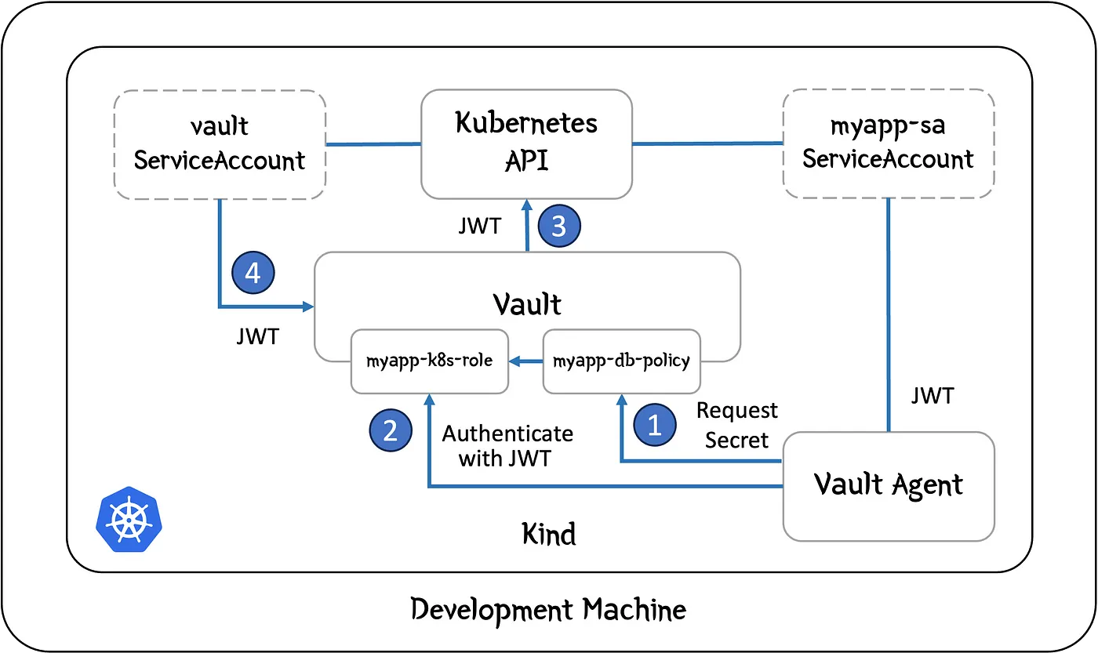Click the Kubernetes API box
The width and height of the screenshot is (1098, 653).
526,143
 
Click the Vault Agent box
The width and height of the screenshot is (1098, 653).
888,485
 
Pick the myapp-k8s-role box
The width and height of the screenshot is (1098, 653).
430,361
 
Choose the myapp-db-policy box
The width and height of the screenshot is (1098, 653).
621,361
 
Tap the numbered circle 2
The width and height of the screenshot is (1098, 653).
390,430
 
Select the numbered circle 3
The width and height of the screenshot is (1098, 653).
558,227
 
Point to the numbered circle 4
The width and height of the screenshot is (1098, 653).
253,274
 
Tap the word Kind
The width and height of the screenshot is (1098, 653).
548,535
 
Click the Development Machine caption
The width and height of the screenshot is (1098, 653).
548,609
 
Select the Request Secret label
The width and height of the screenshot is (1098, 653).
737,425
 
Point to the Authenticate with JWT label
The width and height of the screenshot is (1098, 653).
507,445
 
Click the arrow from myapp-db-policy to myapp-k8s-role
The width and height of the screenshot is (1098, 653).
525,361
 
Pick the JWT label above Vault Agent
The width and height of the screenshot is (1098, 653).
933,396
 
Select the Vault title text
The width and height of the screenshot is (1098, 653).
526,302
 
